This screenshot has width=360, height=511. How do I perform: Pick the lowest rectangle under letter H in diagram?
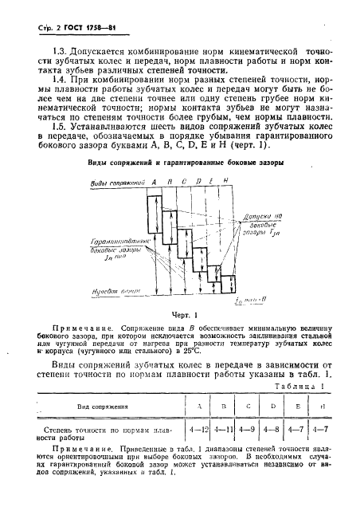click(x=229, y=284)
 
